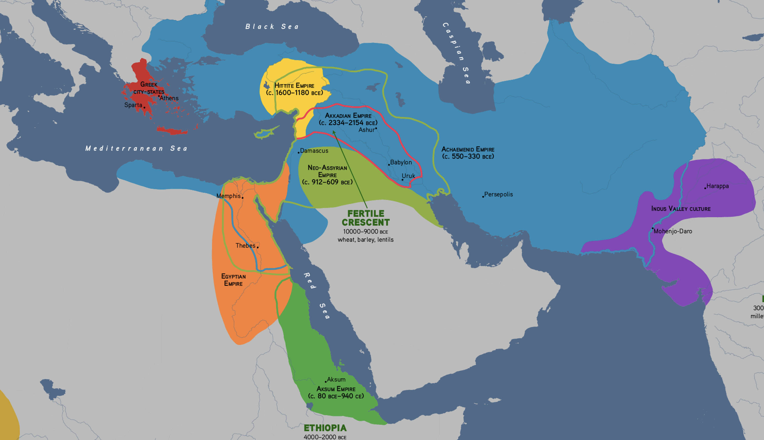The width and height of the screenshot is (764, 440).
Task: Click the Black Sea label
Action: (x=272, y=27)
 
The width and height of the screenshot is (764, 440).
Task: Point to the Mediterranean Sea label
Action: (x=137, y=148)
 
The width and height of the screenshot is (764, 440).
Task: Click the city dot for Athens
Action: (x=159, y=96)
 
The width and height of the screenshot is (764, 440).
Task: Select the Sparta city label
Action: (x=133, y=105)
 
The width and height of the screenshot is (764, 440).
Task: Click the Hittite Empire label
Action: (x=294, y=89)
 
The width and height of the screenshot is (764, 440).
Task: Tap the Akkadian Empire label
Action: (x=348, y=119)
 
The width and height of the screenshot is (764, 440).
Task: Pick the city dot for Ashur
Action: (x=376, y=128)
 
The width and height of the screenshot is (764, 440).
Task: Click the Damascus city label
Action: (x=314, y=150)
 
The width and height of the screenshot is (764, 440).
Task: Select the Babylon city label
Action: (x=401, y=162)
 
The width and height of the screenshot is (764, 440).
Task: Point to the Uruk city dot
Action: (x=402, y=180)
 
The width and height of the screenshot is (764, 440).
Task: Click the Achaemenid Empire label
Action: (x=468, y=153)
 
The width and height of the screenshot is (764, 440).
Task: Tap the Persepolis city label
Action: (x=498, y=194)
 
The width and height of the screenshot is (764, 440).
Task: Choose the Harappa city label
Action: (x=717, y=186)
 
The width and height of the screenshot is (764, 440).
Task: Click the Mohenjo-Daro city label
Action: (x=673, y=231)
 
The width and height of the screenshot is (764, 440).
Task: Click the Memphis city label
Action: (x=228, y=196)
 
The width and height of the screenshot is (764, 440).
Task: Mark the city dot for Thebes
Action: (x=257, y=247)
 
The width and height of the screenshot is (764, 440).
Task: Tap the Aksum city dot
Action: (x=326, y=382)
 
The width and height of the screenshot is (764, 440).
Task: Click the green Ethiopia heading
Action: (x=325, y=428)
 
